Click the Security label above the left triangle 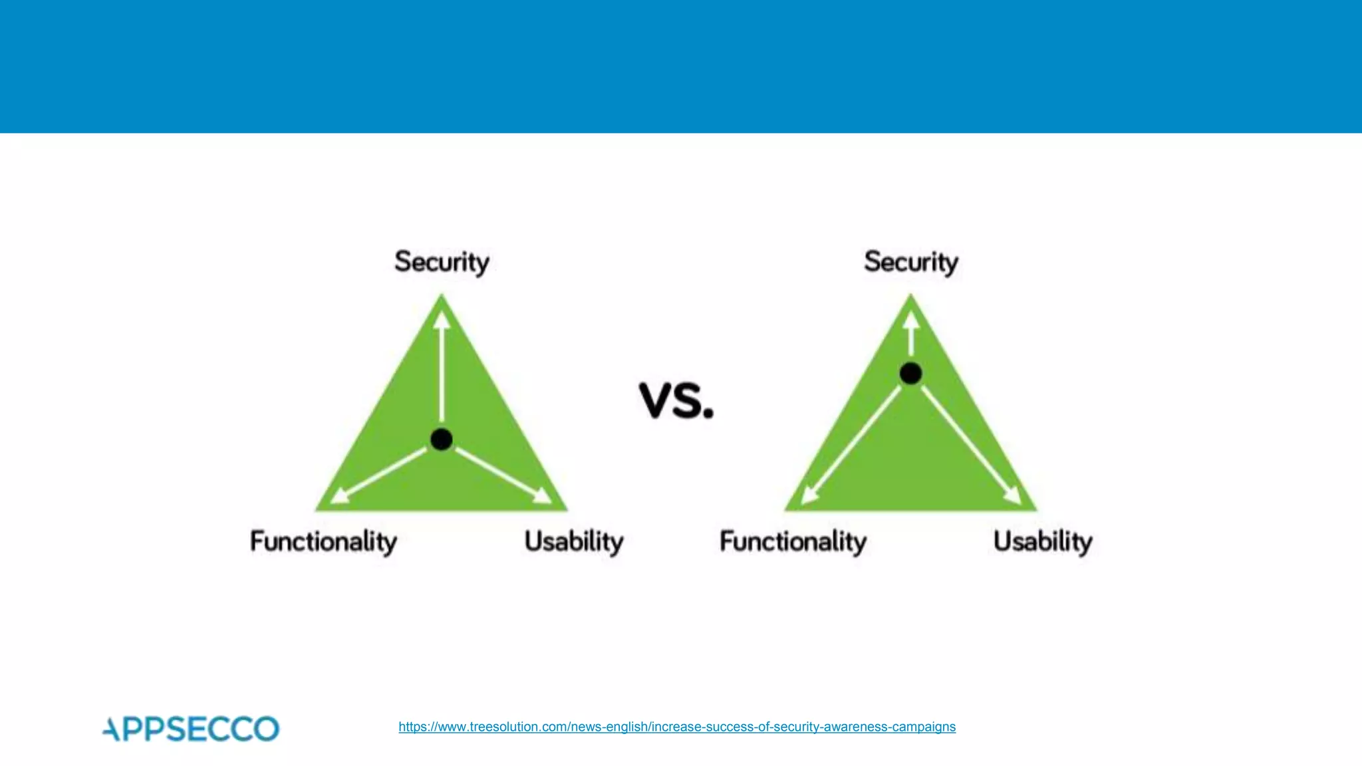coord(442,262)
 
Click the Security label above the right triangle coord(910,262)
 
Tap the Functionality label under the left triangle coord(323,541)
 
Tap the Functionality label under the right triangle coord(793,541)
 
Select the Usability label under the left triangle coord(574,541)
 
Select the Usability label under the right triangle coord(1043,541)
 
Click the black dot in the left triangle coord(442,439)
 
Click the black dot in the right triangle coord(910,373)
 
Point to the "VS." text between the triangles coord(676,400)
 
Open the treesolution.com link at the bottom coord(677,727)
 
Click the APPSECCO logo coord(192,729)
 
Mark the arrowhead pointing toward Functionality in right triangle coord(809,495)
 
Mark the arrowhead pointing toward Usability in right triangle coord(1013,495)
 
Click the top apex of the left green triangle coord(442,297)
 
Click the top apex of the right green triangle coord(910,297)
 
